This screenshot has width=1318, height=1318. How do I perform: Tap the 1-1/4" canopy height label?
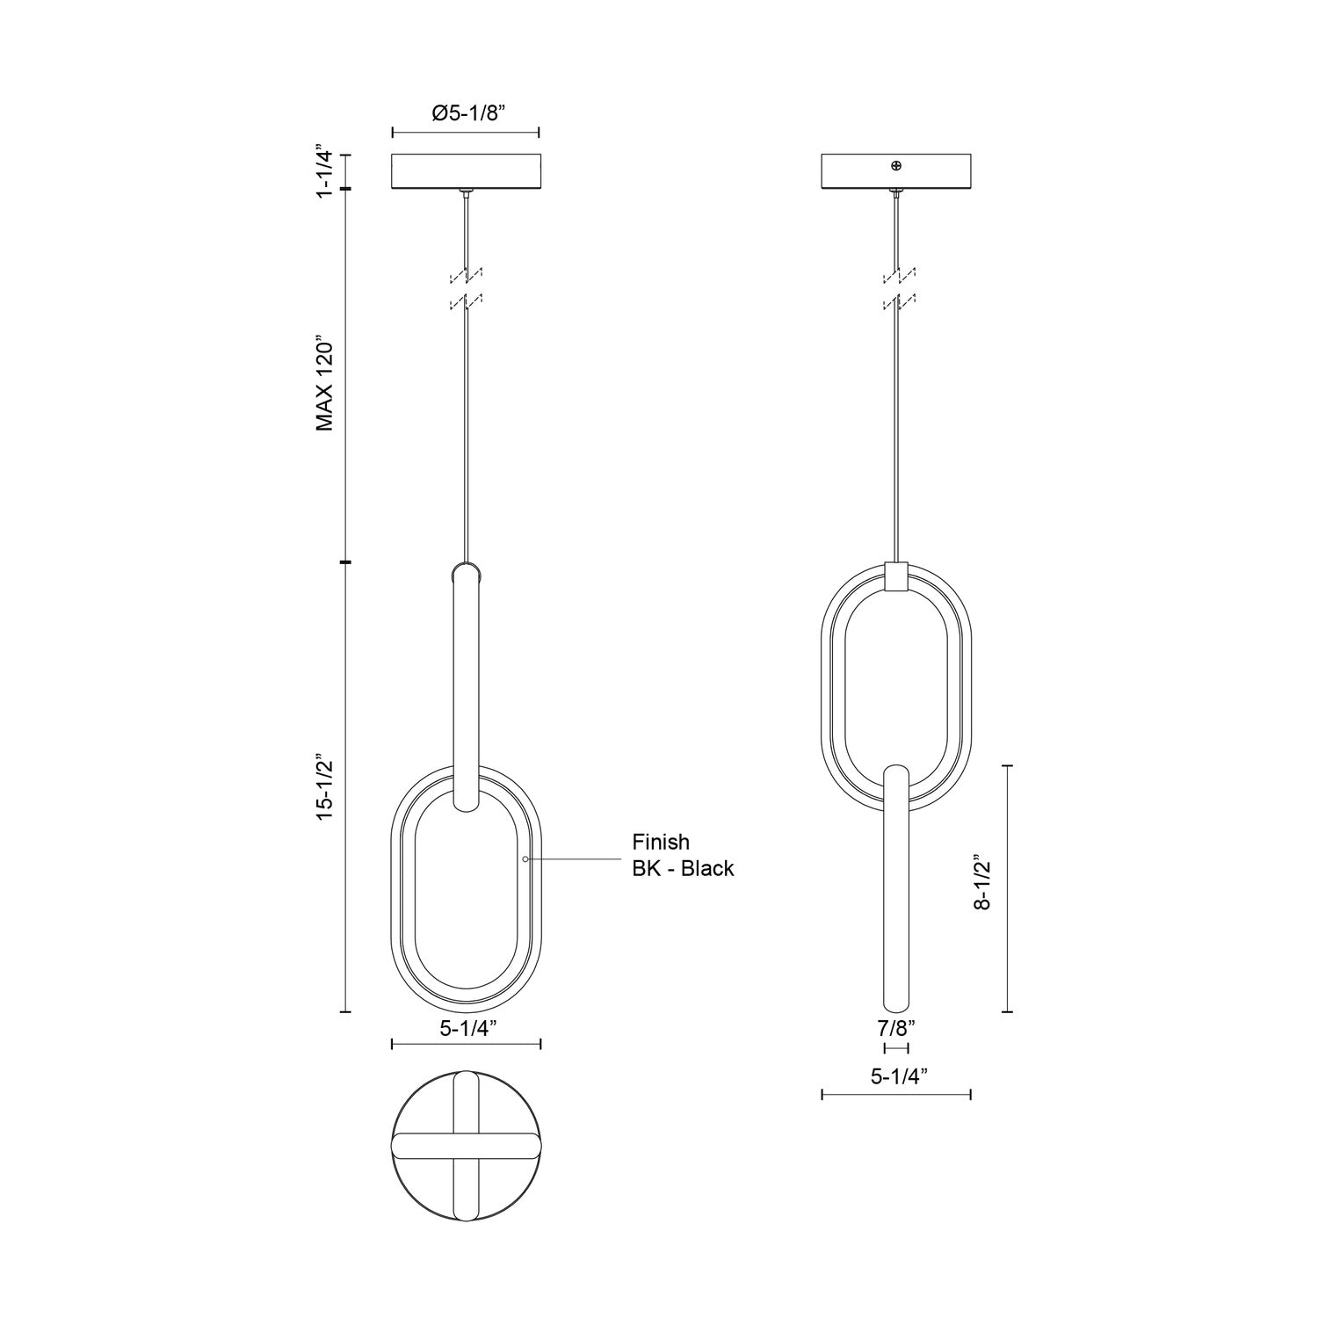pyautogui.click(x=326, y=172)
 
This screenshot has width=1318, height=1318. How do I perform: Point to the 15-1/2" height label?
pyautogui.click(x=326, y=786)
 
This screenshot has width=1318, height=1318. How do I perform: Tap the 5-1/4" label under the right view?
pyautogui.click(x=895, y=1075)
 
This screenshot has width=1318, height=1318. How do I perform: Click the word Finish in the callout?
pyautogui.click(x=661, y=842)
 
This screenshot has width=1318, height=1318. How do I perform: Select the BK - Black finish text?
pyautogui.click(x=683, y=869)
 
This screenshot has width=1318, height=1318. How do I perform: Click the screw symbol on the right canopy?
pyautogui.click(x=895, y=165)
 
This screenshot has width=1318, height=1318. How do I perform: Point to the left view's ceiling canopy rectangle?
pyautogui.click(x=465, y=172)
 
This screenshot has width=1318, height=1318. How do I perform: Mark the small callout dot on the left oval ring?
pyautogui.click(x=525, y=858)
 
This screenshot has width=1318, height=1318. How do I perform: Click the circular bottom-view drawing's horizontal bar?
pyautogui.click(x=465, y=1144)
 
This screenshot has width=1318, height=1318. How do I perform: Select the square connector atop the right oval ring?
pyautogui.click(x=895, y=576)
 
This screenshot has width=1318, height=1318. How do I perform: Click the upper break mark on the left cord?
pyautogui.click(x=466, y=276)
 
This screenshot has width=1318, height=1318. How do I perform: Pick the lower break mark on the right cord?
pyautogui.click(x=896, y=303)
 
